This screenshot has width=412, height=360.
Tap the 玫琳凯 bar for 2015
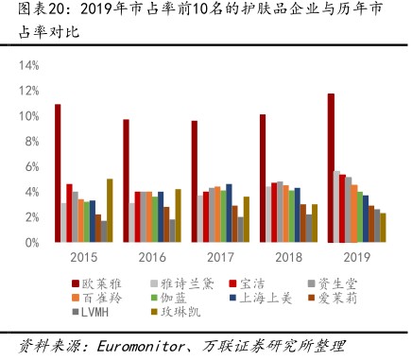[x=110, y=211]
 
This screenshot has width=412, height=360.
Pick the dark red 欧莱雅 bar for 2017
[x=195, y=181]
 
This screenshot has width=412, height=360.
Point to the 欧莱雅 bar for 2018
[x=263, y=179]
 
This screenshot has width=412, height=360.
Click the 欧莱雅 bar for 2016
[x=126, y=180]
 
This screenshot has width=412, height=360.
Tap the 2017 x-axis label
[x=220, y=256]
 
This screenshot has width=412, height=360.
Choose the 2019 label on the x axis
[x=356, y=256]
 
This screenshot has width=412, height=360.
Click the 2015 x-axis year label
[x=83, y=256]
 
